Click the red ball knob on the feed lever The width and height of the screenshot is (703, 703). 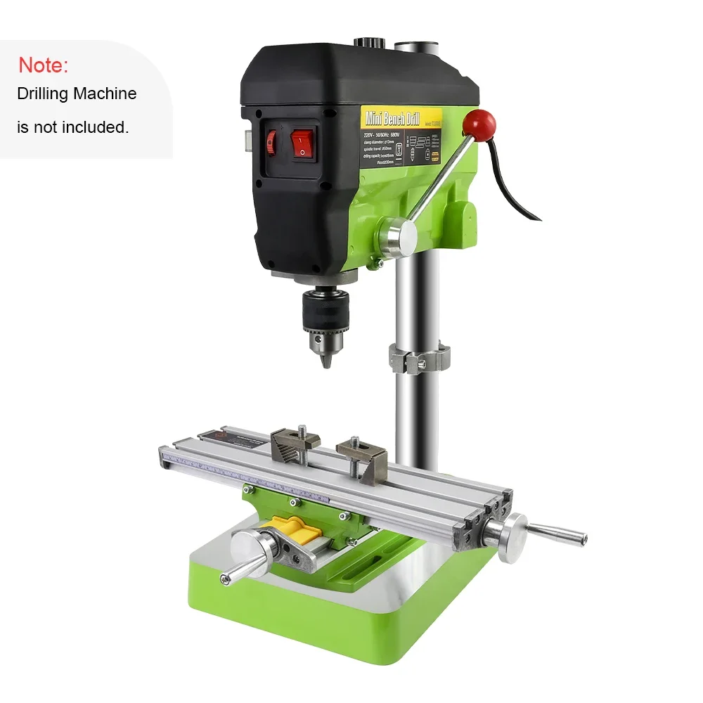coord(483,124)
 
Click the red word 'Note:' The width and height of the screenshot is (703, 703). coord(43,65)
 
